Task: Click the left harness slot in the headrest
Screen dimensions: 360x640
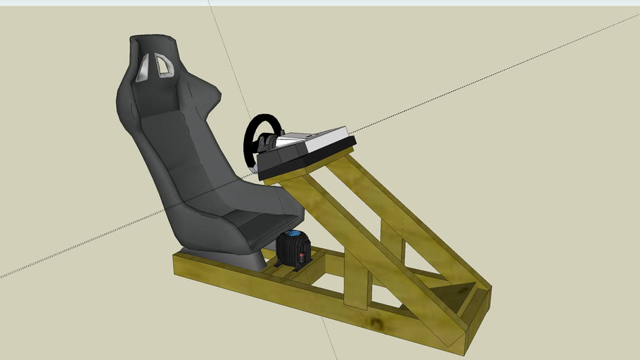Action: coord(143,68)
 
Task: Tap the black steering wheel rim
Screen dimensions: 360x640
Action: coord(250,141)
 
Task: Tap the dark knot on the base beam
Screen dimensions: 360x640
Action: coord(380,324)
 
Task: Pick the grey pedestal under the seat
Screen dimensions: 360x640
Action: coord(243,258)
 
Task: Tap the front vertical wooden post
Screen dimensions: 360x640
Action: coord(357,285)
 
